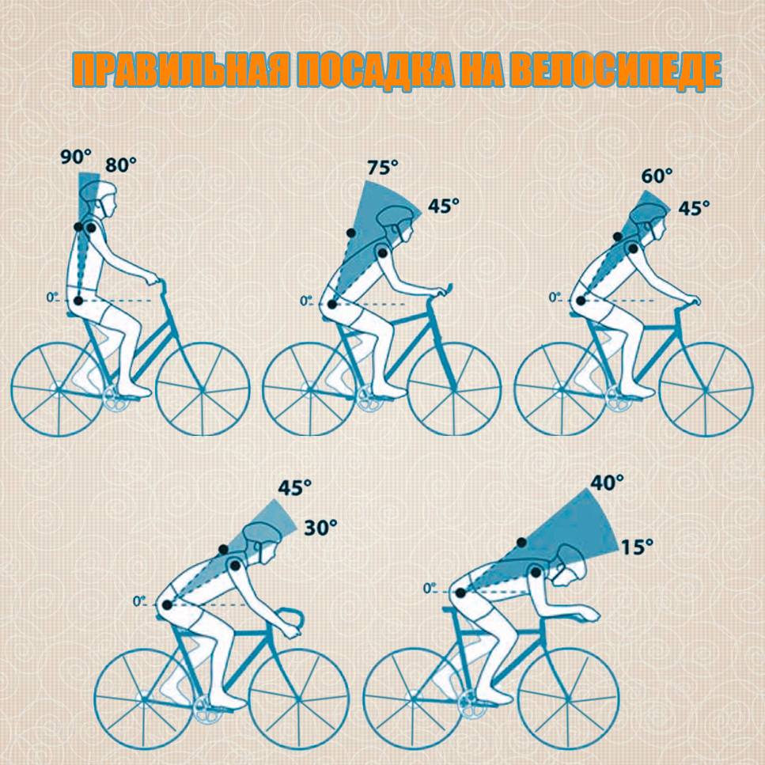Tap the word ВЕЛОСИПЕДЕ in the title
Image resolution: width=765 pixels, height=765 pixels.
(x=615, y=70)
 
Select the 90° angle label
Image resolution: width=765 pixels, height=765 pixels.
(x=76, y=157)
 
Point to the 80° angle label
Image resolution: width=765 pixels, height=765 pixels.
(x=120, y=165)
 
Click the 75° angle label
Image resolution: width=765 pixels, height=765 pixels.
(x=383, y=168)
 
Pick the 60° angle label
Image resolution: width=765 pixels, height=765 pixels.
(x=657, y=176)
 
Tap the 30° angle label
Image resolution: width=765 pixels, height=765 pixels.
(x=320, y=528)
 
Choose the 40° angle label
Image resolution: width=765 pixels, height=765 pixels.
(x=607, y=483)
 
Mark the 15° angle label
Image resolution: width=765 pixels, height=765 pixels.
(x=637, y=547)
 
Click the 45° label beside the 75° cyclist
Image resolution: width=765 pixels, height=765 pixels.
(x=444, y=206)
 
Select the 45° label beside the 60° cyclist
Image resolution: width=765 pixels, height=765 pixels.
(x=694, y=208)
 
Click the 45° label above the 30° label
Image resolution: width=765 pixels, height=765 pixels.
(x=294, y=487)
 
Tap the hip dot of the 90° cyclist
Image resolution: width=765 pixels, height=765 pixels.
(x=78, y=301)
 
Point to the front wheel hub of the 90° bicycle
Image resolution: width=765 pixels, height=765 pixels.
(x=203, y=389)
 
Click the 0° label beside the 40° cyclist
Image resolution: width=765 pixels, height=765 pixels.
(x=430, y=589)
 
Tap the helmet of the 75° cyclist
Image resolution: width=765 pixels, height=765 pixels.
(x=396, y=217)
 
